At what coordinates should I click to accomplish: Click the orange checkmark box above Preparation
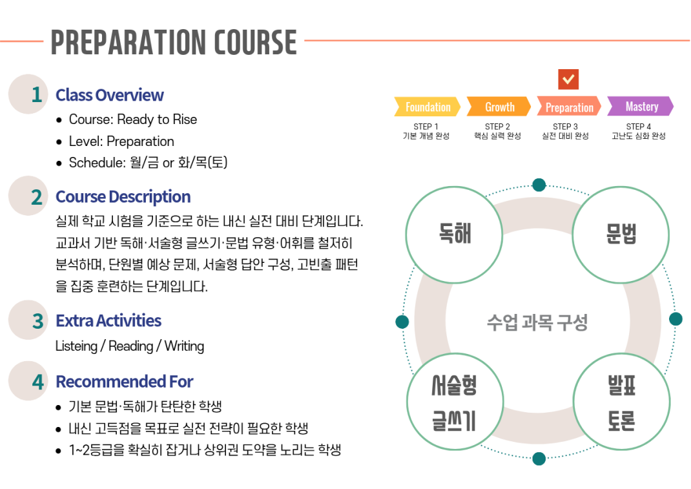click(568, 79)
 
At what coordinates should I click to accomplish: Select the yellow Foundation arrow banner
click(427, 107)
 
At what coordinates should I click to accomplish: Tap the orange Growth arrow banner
click(499, 107)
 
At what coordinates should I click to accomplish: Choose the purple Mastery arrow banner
click(641, 107)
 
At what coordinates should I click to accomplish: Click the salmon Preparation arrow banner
click(569, 107)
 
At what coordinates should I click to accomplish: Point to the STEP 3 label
click(565, 127)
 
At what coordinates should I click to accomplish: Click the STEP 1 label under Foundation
click(426, 127)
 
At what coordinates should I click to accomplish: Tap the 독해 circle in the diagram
click(454, 234)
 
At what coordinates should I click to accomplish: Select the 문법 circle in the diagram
click(621, 234)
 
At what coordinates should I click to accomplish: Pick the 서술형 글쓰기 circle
click(455, 402)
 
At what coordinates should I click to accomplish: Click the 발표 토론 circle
click(621, 402)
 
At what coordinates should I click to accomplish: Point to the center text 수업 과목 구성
click(537, 322)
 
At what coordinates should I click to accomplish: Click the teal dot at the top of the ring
click(539, 185)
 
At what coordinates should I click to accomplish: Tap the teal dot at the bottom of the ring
click(539, 459)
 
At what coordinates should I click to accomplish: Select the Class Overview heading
click(109, 95)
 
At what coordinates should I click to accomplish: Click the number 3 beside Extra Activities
click(38, 321)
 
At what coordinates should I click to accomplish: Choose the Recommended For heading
click(124, 382)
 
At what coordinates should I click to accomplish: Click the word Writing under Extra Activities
click(184, 347)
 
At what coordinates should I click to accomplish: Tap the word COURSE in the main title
click(256, 43)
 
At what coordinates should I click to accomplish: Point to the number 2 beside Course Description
click(37, 197)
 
